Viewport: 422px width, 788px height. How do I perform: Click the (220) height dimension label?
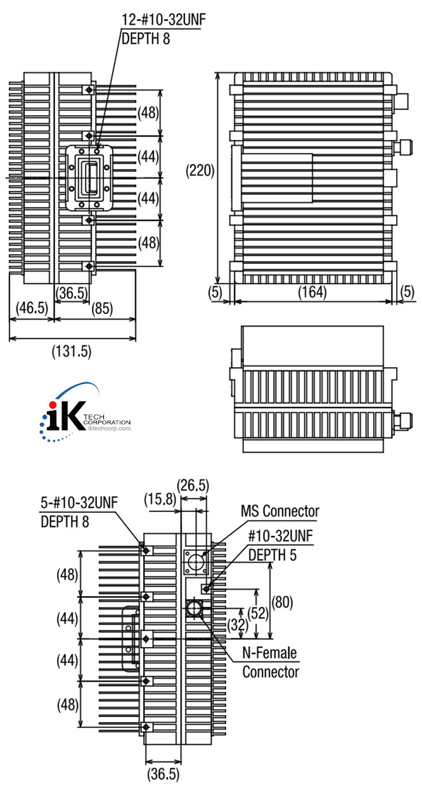pos(200,170)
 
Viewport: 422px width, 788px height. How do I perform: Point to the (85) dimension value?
pos(103,309)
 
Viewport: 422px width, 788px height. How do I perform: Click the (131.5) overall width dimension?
pos(71,352)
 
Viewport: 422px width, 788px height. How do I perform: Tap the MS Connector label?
pos(279,510)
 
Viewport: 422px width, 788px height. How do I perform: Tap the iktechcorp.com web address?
pos(106,428)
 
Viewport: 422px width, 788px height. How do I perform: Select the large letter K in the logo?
pos(71,418)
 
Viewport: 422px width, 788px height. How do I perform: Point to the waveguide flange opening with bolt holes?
pos(90,177)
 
